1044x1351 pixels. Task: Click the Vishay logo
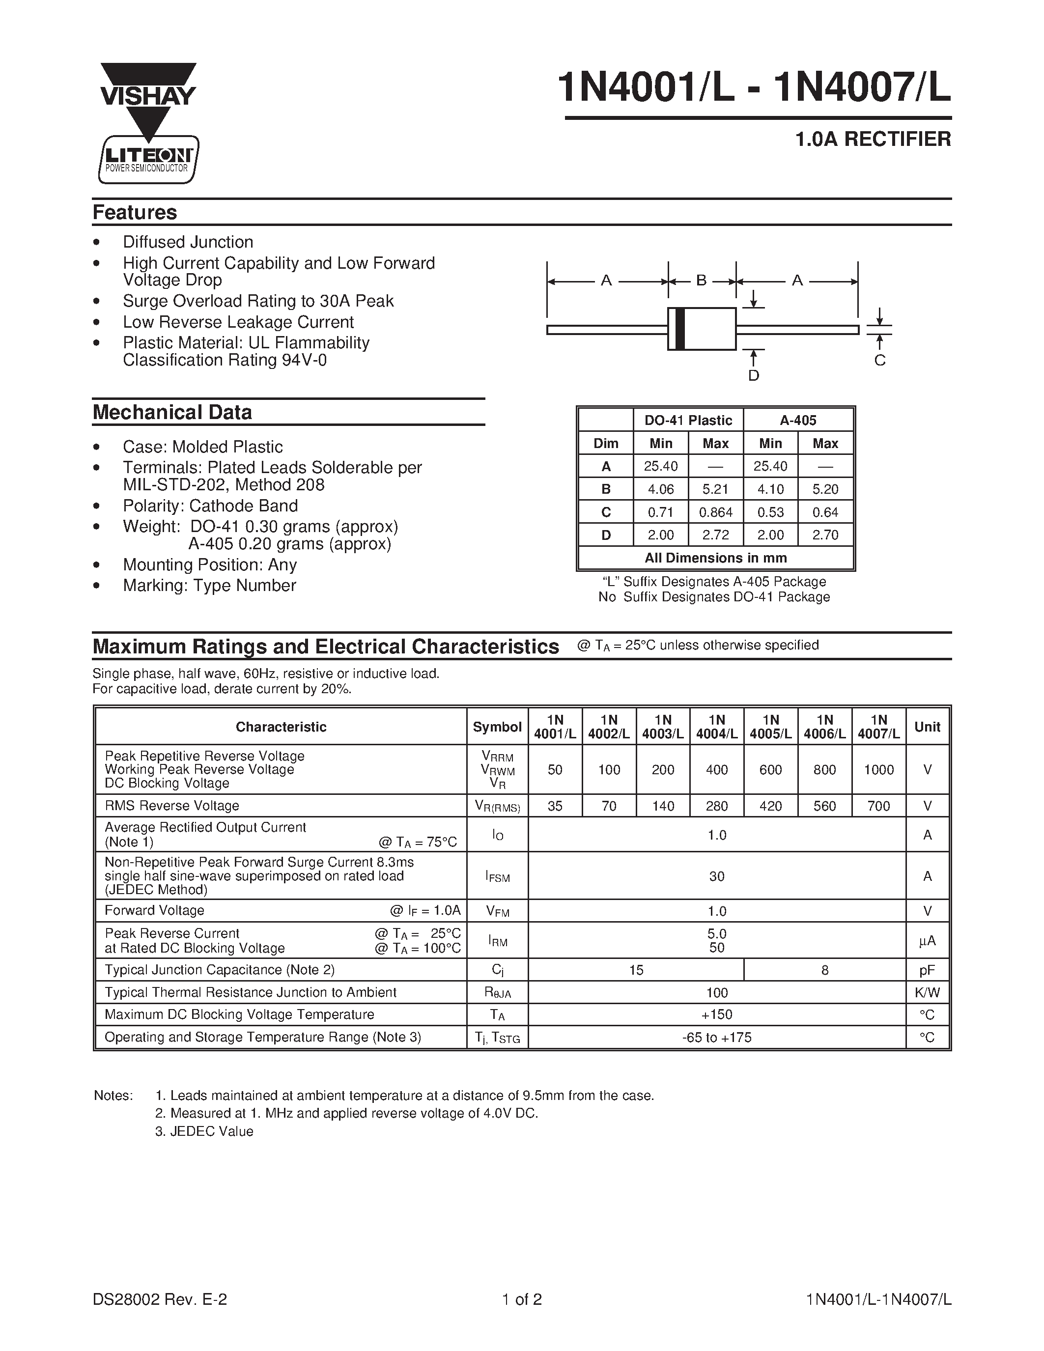coord(148,96)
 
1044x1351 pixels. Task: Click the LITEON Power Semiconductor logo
coord(148,160)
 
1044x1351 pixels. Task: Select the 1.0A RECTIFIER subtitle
coord(873,139)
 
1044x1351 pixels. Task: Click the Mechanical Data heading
coord(172,413)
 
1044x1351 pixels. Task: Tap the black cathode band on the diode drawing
coord(680,329)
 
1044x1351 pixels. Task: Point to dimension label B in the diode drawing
coord(702,281)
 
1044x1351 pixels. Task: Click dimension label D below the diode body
coord(753,375)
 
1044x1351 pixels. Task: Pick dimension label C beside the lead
coord(879,361)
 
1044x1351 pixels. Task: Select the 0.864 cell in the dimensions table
coord(716,512)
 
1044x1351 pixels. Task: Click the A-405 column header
coord(798,421)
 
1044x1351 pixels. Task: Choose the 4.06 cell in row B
coord(660,489)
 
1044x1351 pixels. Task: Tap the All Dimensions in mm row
coord(716,558)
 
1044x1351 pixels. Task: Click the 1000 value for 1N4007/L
coord(878,769)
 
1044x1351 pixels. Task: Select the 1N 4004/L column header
coord(716,727)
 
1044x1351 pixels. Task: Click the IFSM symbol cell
coord(497,876)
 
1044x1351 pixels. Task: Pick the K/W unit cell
coord(927,993)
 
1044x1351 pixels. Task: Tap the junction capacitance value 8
coord(824,970)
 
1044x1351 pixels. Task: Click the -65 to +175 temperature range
coord(716,1038)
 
